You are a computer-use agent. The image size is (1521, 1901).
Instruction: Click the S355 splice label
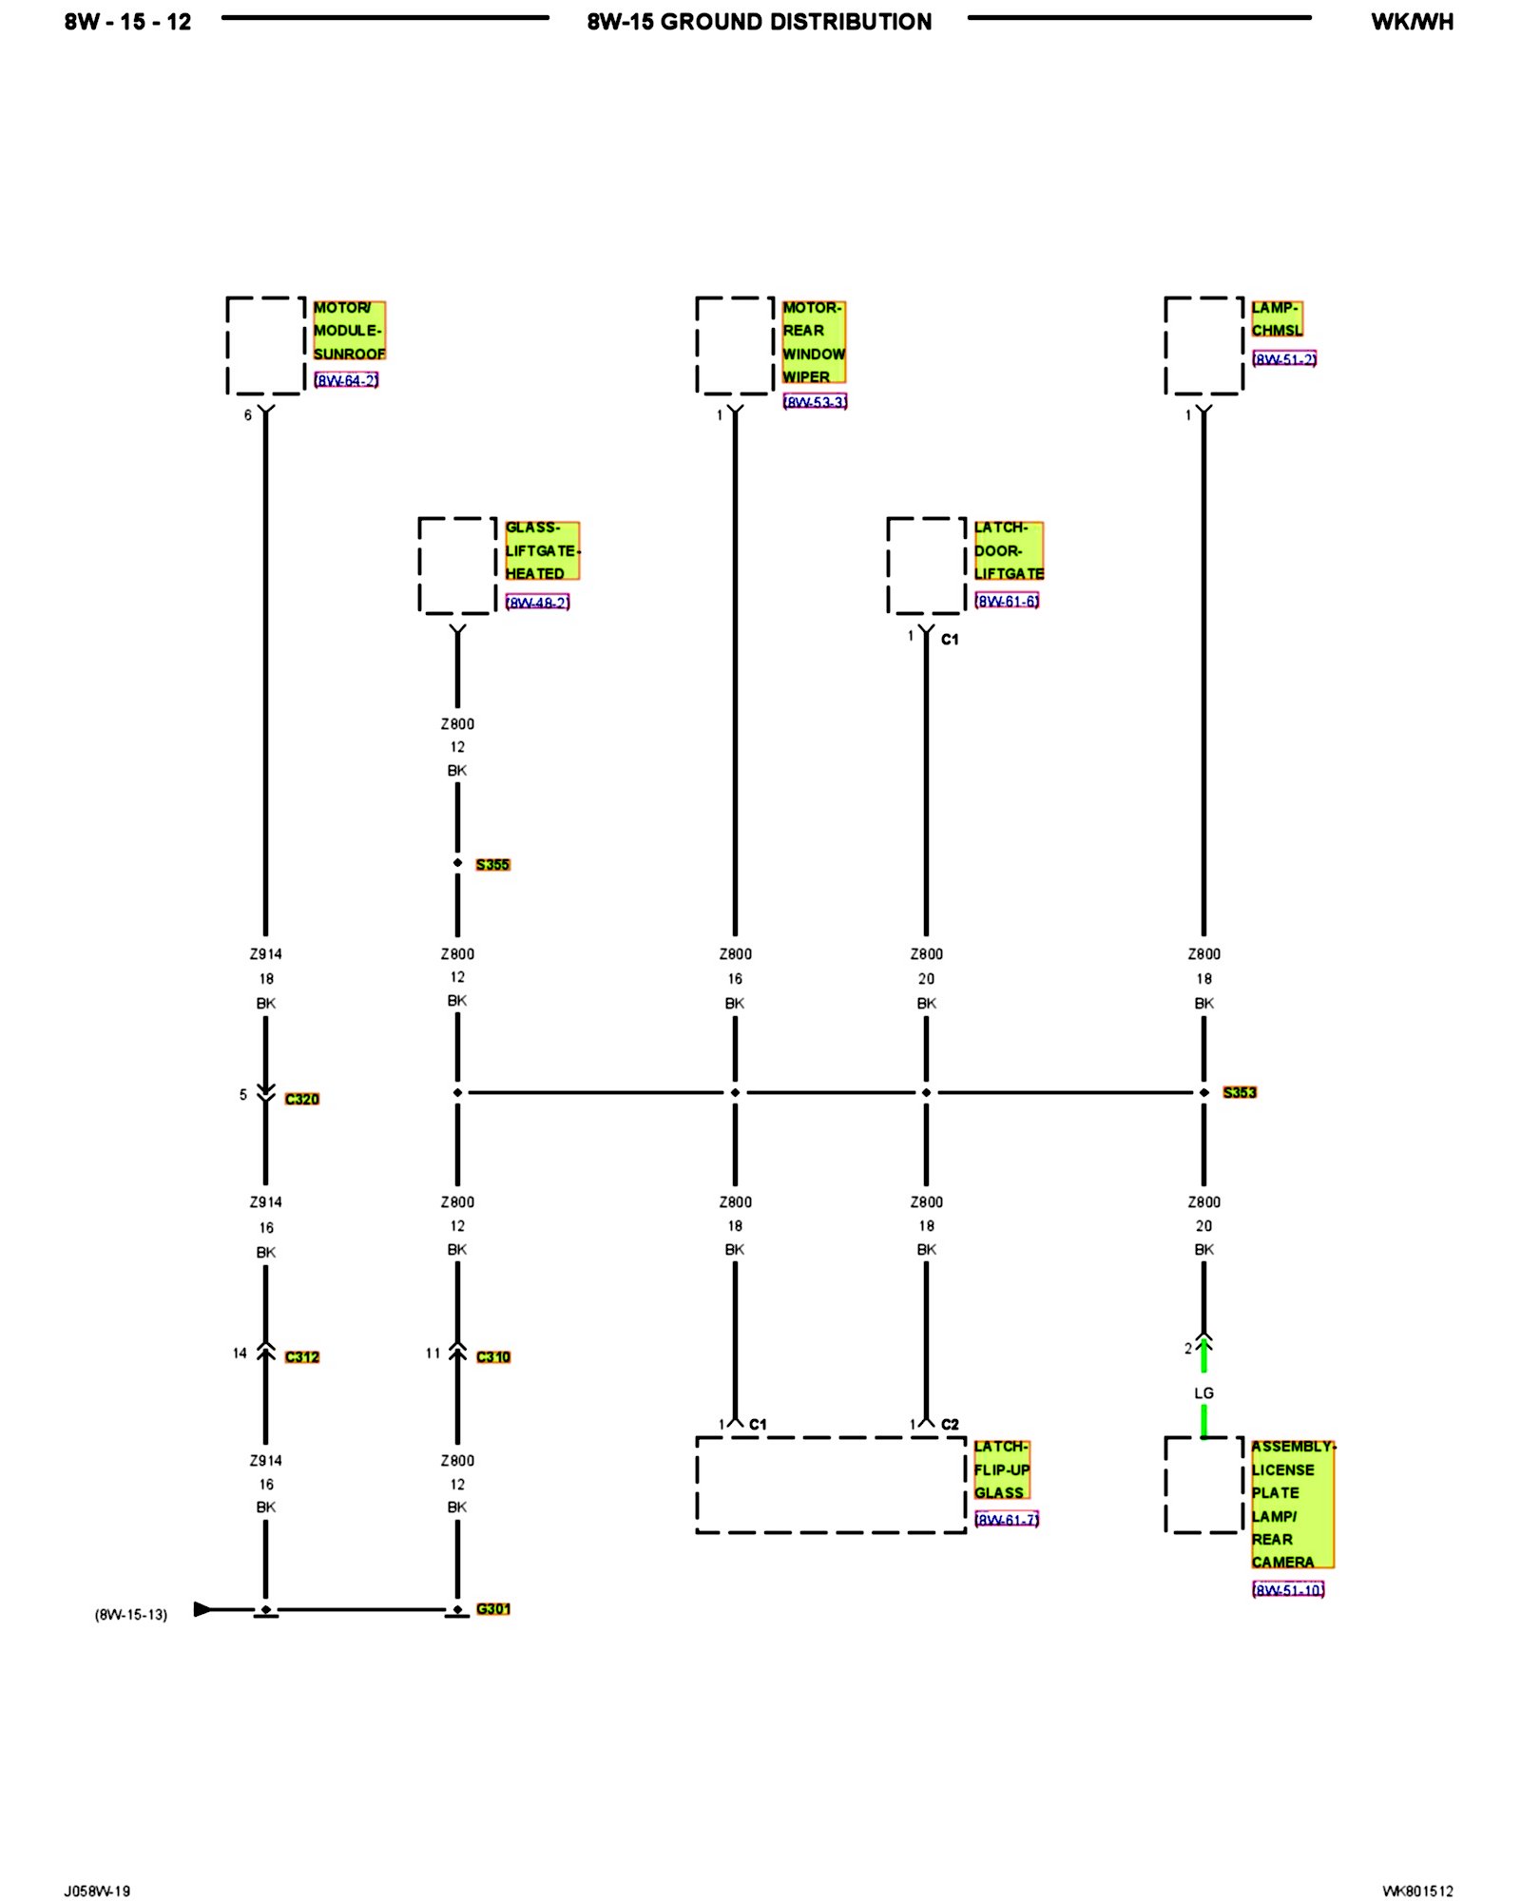492,864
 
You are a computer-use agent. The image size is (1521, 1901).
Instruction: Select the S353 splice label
1239,1092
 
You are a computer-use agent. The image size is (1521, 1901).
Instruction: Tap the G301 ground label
493,1608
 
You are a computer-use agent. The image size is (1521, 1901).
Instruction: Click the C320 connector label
302,1099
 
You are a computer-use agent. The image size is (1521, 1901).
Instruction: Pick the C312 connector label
302,1356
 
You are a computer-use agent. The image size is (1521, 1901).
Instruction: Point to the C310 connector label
493,1356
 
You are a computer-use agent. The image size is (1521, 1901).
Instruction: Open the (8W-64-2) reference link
346,380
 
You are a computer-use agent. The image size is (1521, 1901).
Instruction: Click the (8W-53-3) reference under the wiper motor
815,402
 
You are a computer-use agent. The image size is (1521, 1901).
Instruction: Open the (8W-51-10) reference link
1288,1589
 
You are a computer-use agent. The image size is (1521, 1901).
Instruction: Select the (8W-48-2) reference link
537,603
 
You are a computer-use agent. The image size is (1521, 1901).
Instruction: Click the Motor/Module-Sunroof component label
349,331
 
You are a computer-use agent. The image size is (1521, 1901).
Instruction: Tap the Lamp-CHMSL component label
1276,319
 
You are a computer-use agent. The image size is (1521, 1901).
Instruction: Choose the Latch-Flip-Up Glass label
1001,1469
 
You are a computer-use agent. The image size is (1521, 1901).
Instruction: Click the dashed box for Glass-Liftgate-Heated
457,566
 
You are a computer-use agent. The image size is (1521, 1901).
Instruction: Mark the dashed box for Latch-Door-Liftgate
926,566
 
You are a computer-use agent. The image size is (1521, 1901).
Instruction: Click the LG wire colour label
1203,1392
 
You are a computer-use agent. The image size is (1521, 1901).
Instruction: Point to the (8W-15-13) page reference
131,1614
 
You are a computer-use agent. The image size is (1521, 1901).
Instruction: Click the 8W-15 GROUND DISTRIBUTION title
759,22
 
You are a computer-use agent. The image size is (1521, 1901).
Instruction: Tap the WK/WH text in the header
1412,22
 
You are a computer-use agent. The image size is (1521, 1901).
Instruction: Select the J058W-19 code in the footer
97,1891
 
